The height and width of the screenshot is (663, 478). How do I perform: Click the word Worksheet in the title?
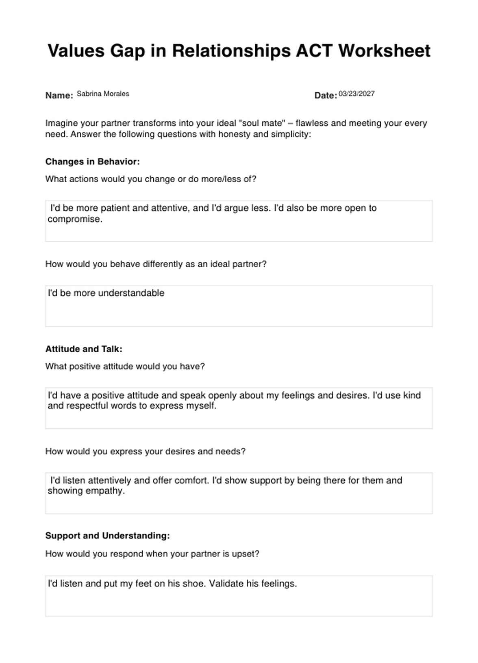click(384, 51)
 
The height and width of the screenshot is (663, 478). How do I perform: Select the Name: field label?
click(59, 96)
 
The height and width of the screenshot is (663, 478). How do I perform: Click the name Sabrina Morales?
click(103, 94)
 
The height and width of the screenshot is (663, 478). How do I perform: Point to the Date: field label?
click(326, 96)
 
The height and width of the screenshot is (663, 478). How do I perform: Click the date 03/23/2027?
click(356, 94)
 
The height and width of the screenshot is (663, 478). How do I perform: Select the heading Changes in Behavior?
click(92, 161)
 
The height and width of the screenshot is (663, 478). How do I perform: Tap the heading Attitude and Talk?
click(84, 349)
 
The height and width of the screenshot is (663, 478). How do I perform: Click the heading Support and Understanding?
click(107, 536)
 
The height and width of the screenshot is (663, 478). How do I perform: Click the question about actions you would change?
click(150, 179)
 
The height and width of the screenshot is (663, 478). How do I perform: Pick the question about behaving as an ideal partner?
click(156, 264)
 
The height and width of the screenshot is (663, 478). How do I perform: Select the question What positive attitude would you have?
click(125, 366)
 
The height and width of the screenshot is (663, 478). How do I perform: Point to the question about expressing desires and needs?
click(145, 451)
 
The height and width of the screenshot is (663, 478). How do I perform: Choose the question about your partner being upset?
click(152, 554)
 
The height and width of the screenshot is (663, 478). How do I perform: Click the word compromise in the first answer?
click(74, 219)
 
